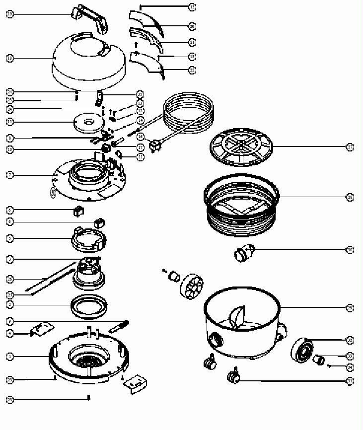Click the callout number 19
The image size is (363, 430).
click(10, 14)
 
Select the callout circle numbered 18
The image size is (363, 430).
click(10, 58)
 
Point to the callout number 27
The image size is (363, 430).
click(350, 147)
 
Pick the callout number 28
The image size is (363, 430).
click(350, 197)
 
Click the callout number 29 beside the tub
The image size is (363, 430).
click(350, 308)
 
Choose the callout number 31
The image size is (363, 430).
click(350, 381)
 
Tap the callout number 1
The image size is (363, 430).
click(10, 357)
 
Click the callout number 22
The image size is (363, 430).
click(192, 71)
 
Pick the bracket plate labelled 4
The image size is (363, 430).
click(42, 329)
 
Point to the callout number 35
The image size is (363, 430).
click(140, 94)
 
